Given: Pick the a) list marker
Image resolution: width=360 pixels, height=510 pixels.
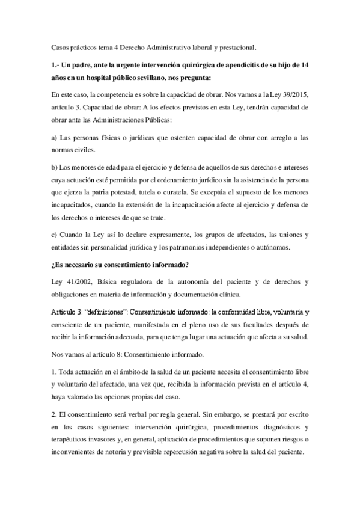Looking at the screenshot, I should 55,138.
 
